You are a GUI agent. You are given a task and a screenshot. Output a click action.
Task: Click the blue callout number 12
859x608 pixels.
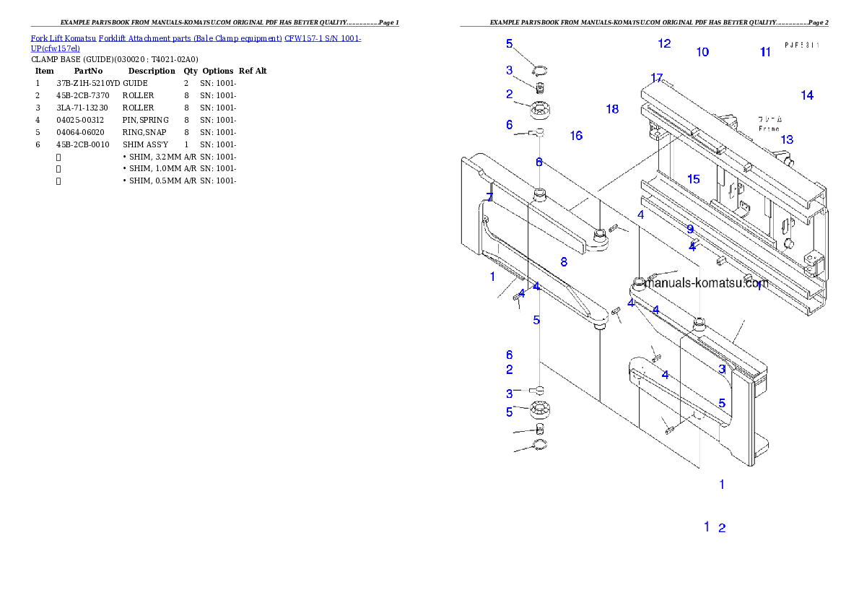[x=664, y=43]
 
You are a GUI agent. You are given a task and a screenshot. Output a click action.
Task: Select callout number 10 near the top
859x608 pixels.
[x=702, y=52]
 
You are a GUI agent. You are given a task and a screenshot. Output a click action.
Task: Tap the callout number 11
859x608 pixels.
[x=766, y=52]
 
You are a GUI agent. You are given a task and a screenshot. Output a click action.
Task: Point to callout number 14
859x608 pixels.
[x=807, y=95]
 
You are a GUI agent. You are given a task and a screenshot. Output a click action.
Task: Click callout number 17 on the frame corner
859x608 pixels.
[x=656, y=78]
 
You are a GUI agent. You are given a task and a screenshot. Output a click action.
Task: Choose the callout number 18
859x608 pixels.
[x=612, y=109]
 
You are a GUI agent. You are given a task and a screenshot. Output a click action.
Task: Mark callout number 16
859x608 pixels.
[x=576, y=136]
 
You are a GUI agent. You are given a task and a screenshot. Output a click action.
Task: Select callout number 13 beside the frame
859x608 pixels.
[x=787, y=139]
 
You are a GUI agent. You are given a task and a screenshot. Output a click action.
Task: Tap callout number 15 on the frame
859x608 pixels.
[x=694, y=179]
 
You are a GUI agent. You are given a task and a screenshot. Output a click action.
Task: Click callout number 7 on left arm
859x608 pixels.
[x=489, y=197]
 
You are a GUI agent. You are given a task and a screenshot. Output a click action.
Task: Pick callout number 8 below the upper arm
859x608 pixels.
[x=564, y=261]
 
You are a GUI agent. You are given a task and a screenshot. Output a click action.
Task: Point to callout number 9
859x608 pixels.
[x=690, y=229]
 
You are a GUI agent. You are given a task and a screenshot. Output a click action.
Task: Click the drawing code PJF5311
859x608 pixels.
[x=802, y=45]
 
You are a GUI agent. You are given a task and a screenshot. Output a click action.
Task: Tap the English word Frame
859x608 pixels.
[x=769, y=129]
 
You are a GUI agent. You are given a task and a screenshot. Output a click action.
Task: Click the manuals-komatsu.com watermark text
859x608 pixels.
[x=706, y=284]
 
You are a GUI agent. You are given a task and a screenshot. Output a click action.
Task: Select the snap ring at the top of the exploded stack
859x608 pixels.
[x=539, y=70]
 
